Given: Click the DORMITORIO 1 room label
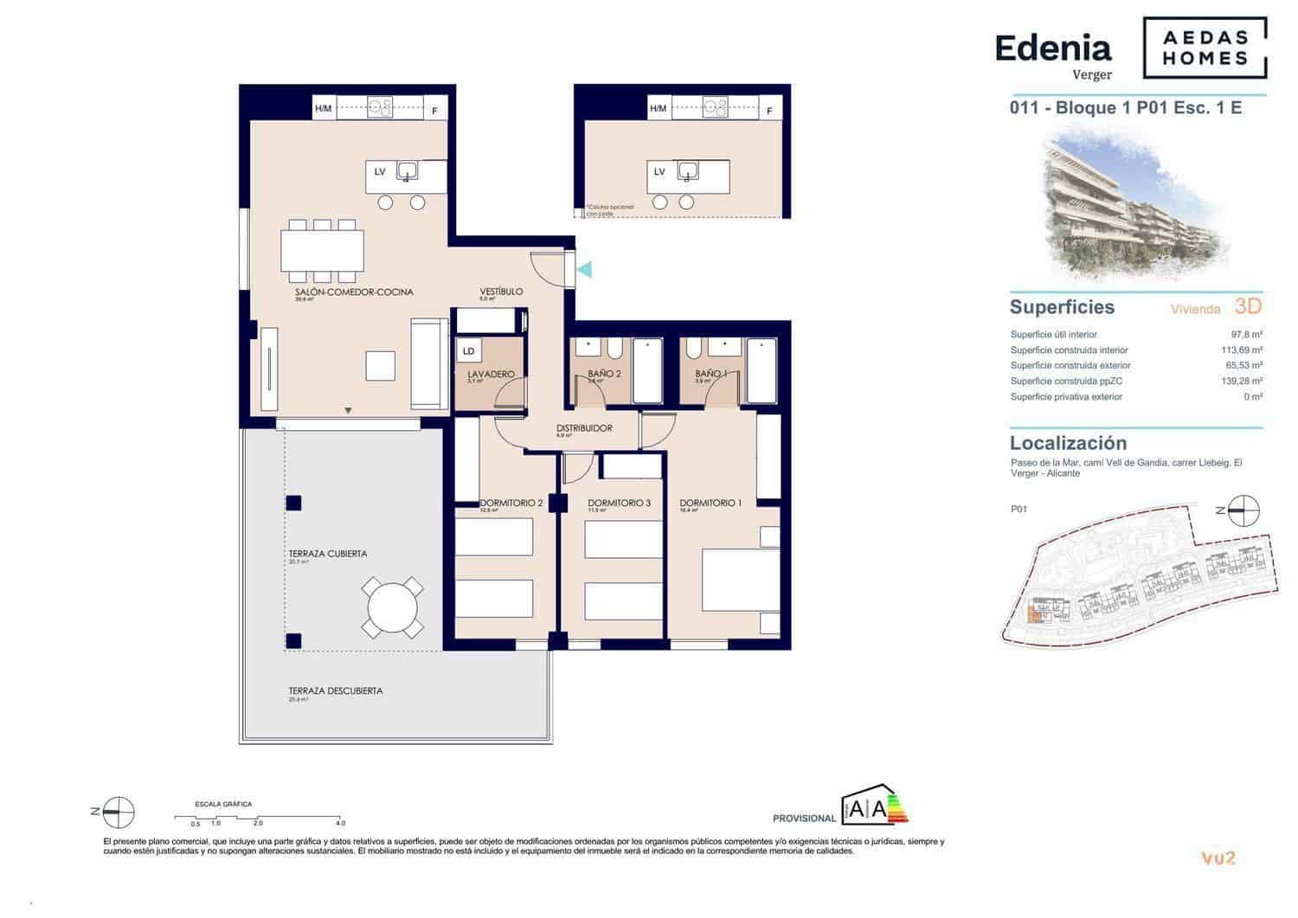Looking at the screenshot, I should [x=710, y=503].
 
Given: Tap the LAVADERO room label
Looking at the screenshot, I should [x=491, y=375].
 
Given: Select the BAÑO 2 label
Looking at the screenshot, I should [x=604, y=374].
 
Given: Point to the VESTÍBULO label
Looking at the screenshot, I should [x=501, y=292].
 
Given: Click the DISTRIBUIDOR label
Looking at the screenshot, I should [x=584, y=428].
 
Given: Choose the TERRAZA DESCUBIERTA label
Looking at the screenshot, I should [x=336, y=691].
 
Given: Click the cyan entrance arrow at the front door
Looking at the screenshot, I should [x=585, y=270].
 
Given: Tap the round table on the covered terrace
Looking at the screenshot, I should [x=392, y=608].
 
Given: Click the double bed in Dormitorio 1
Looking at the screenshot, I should [x=740, y=580].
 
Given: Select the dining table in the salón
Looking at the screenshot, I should [x=322, y=251].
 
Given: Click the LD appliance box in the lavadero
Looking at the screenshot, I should [x=468, y=351].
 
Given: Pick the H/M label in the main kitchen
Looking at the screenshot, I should [x=324, y=109].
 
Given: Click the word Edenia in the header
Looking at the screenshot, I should [x=1053, y=48].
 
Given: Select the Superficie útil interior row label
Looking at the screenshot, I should [x=1053, y=335].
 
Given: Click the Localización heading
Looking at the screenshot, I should [x=1068, y=443].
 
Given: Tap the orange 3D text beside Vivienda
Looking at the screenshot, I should [x=1248, y=306].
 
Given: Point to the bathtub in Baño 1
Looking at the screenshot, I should [x=761, y=370].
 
